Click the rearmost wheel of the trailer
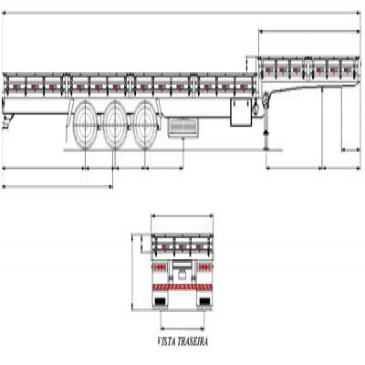(x=86, y=125)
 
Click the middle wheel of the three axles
(x=115, y=125)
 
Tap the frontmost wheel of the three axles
(x=145, y=125)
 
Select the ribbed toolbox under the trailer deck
(x=183, y=127)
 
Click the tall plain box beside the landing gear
(x=241, y=112)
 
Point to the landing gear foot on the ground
(x=266, y=149)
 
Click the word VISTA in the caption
(x=167, y=341)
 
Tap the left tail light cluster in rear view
(x=160, y=267)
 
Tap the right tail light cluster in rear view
(x=204, y=267)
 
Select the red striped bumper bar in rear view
(x=182, y=287)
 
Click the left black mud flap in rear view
(x=161, y=301)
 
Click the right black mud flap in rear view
(x=204, y=301)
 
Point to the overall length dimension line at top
(x=181, y=13)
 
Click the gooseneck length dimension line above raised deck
(x=309, y=31)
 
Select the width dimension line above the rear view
(x=182, y=216)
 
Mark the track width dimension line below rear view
(x=182, y=328)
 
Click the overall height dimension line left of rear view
(x=133, y=272)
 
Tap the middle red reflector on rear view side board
(x=182, y=246)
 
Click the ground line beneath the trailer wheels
(x=172, y=150)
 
